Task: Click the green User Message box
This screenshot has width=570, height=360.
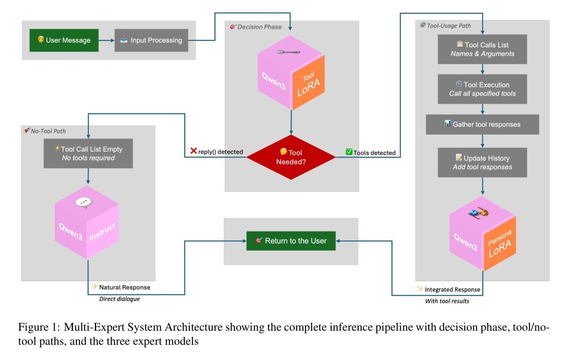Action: click(64, 40)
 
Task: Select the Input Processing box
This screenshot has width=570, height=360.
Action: click(151, 40)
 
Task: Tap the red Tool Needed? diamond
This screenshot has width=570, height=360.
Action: click(291, 157)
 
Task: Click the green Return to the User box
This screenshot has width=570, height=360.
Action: click(291, 241)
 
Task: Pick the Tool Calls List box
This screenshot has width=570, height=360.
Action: click(482, 49)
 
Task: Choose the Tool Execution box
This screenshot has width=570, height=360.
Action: click(482, 89)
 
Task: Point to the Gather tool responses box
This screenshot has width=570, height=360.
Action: click(482, 124)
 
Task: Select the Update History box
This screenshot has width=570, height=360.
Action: click(482, 162)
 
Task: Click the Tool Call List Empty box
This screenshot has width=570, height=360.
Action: click(88, 153)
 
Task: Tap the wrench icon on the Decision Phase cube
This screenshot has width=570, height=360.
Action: click(288, 52)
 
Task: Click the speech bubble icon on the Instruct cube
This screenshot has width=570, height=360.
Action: click(84, 202)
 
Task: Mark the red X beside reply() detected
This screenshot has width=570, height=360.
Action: click(193, 151)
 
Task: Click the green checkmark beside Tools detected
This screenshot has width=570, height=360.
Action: click(349, 152)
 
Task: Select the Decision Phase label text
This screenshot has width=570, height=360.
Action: click(259, 27)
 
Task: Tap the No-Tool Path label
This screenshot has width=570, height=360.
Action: click(48, 131)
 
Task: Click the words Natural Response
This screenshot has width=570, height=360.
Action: click(125, 287)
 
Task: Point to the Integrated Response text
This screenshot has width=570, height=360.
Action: click(452, 290)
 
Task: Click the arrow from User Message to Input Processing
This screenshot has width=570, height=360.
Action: click(106, 40)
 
